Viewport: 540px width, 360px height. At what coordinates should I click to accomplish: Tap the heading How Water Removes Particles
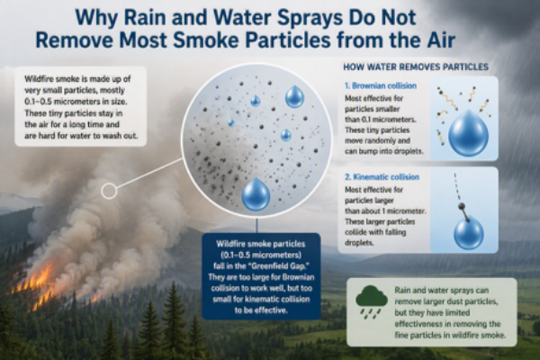[x=416, y=67]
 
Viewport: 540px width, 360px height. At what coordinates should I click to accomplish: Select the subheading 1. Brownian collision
[x=381, y=85]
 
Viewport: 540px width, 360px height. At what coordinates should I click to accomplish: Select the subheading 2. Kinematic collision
[x=382, y=177]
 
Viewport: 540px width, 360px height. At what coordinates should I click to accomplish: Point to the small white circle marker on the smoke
[x=109, y=191]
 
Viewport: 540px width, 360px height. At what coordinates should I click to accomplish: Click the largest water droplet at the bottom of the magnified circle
[x=256, y=194]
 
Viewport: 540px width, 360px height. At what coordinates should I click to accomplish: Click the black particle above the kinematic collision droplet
[x=462, y=206]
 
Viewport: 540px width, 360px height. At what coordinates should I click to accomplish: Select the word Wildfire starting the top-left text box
[x=39, y=79]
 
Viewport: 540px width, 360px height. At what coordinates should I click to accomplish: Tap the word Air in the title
[x=443, y=40]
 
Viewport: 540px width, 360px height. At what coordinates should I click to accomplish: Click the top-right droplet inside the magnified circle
[x=294, y=96]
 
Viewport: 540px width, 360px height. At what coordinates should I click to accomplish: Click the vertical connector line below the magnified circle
[x=256, y=225]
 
